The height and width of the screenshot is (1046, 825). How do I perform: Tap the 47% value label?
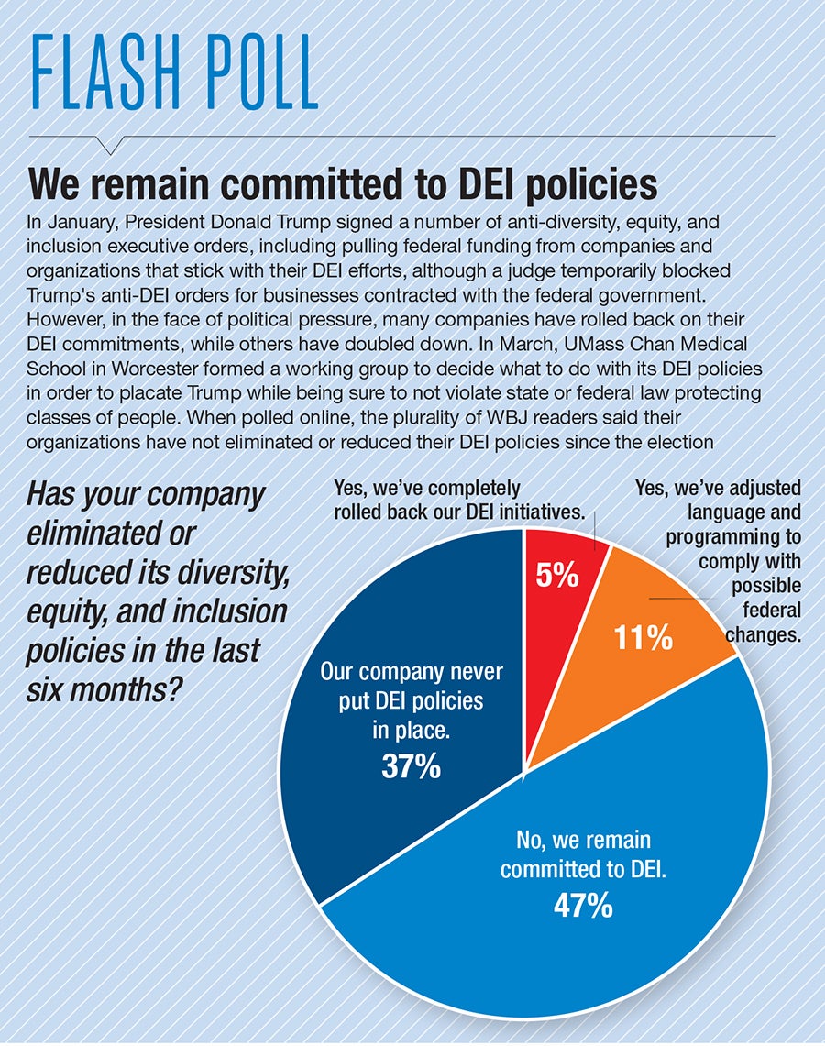[582, 906]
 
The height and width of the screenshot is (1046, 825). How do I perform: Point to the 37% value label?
[411, 766]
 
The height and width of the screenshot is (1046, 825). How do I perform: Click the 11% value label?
[643, 637]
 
